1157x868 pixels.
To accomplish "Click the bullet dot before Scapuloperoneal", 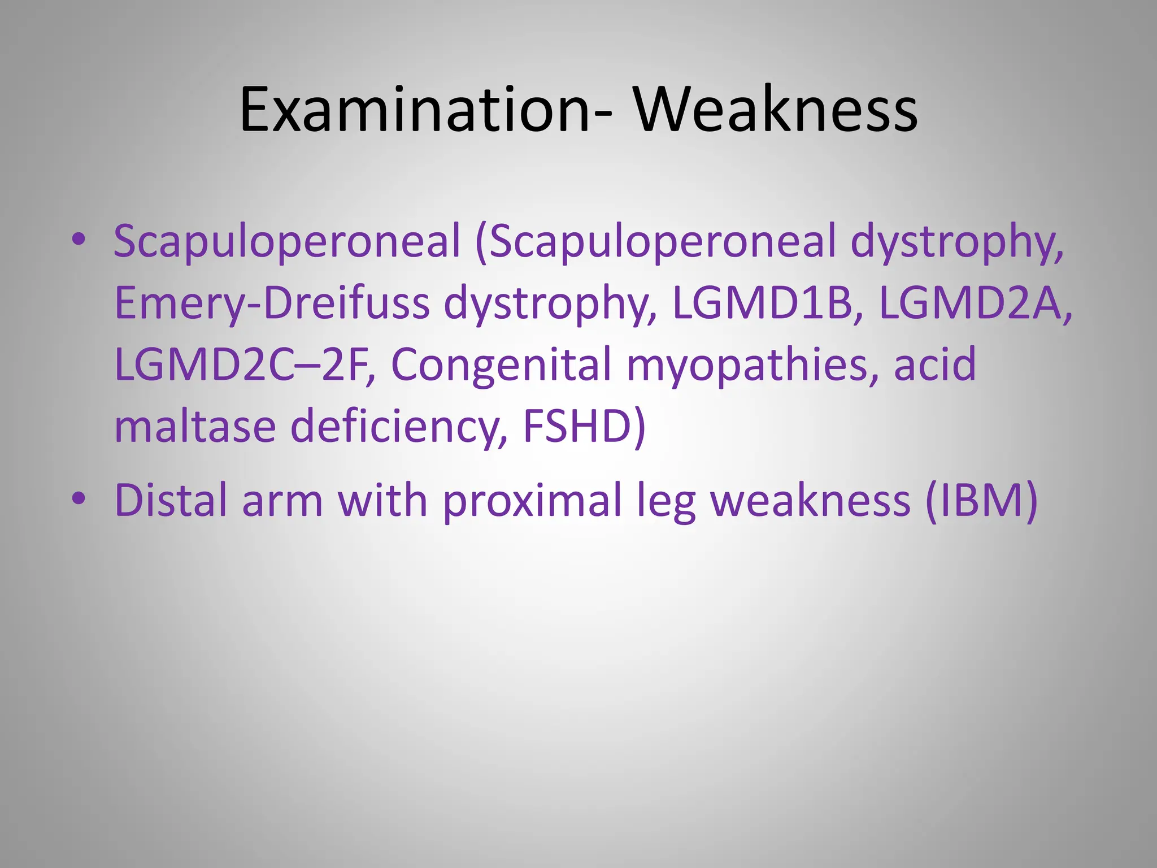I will pos(79,240).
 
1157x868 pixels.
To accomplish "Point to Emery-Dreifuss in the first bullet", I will pos(272,303).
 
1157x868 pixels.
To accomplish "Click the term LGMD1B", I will pos(762,303).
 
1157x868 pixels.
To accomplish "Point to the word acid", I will pos(934,364).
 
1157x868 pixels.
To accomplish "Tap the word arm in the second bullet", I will pos(282,500).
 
